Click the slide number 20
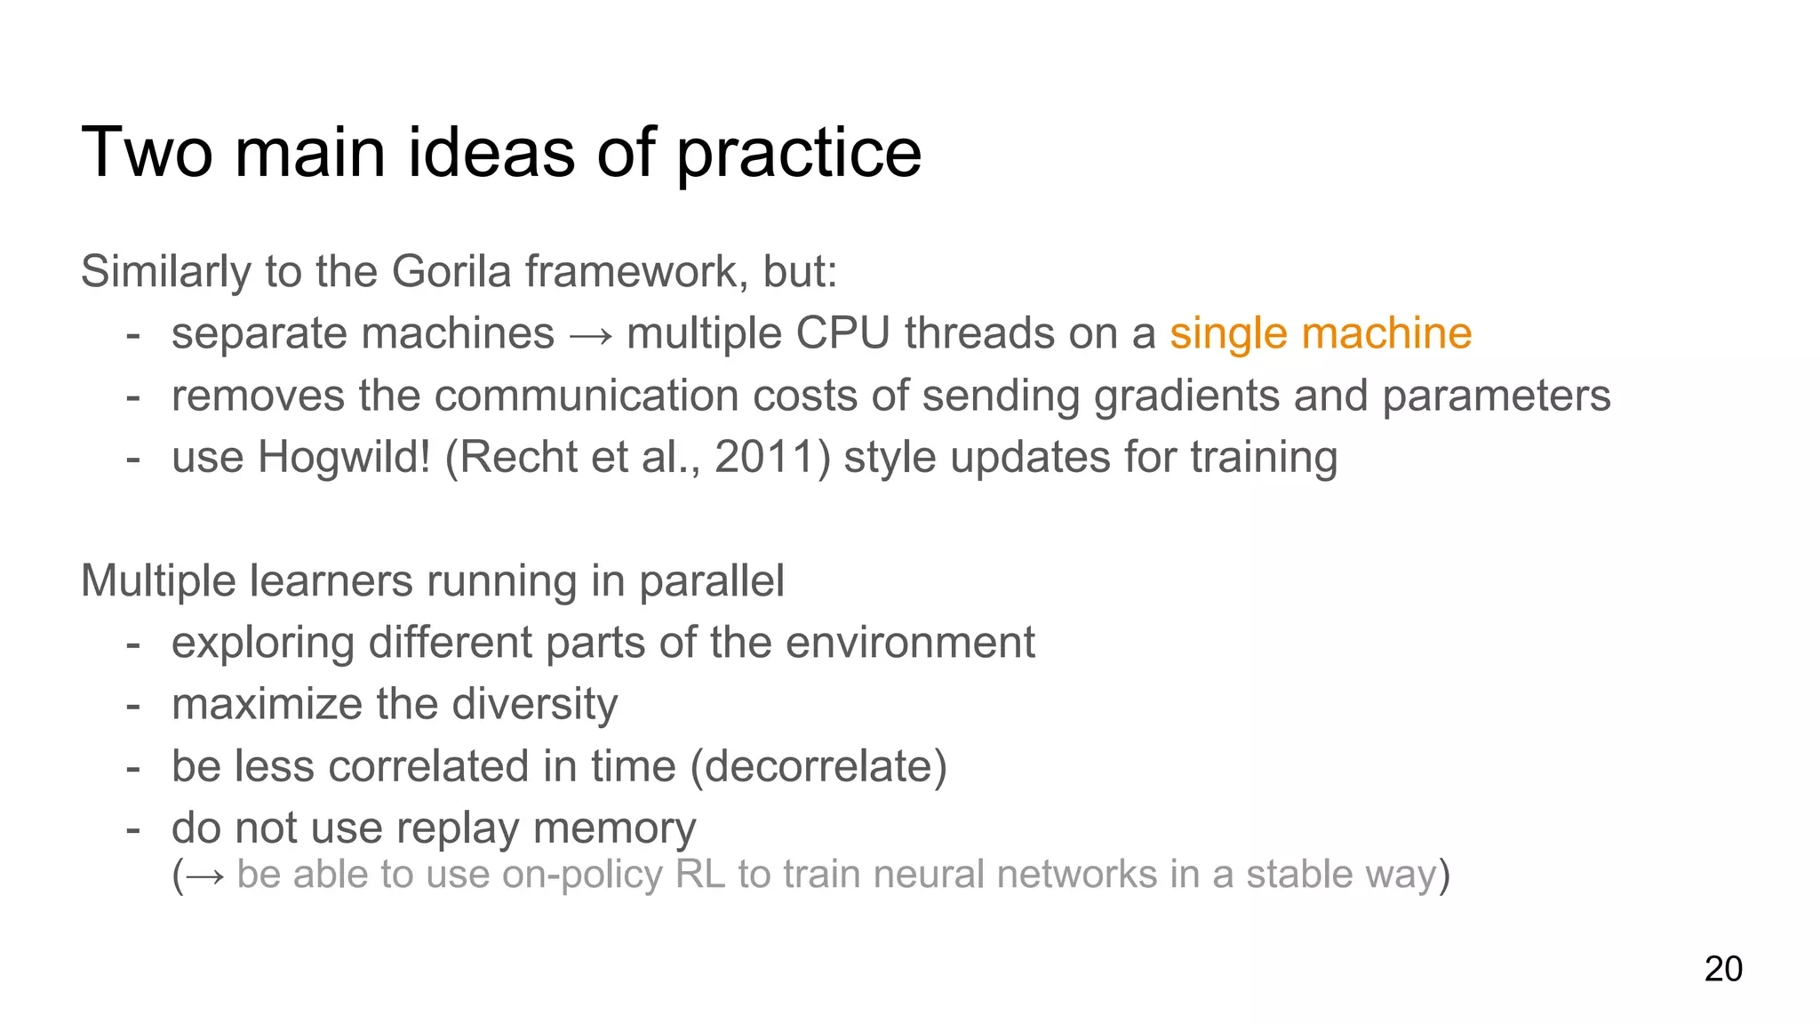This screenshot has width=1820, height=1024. (x=1722, y=969)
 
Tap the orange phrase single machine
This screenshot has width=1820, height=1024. (x=1320, y=334)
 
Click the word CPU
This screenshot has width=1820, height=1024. (x=842, y=334)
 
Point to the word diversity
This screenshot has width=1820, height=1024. (x=534, y=705)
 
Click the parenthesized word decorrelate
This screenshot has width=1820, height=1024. (x=819, y=767)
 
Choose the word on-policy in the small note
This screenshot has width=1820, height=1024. (x=582, y=875)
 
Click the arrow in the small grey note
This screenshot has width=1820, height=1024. (x=206, y=876)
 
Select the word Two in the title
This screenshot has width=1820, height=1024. (x=147, y=154)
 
